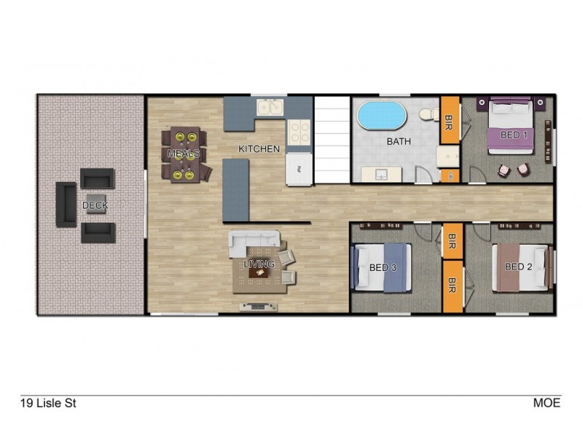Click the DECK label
(95, 206)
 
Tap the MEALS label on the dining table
(184, 154)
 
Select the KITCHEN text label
(259, 149)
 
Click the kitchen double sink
(270, 109)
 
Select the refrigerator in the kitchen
(298, 170)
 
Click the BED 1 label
(514, 135)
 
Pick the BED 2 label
(518, 267)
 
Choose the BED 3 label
(383, 268)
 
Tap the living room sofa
(254, 240)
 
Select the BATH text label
(399, 142)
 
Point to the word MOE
(547, 402)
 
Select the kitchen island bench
(235, 189)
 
